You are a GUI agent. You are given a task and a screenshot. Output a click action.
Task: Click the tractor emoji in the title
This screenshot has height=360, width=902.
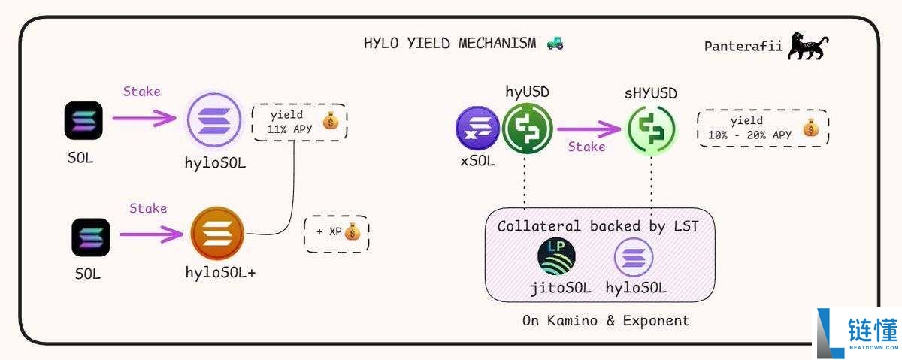(x=555, y=43)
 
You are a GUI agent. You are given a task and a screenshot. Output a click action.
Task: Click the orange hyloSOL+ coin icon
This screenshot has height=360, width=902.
(x=217, y=234)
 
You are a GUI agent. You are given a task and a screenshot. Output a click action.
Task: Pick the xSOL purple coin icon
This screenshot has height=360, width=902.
(x=477, y=127)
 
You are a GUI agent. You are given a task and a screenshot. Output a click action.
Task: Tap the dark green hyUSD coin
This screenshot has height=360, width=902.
(x=527, y=127)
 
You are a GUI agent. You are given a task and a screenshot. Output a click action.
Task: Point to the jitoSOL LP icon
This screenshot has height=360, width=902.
(x=557, y=257)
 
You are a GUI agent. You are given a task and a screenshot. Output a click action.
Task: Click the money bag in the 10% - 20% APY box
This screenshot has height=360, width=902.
(x=810, y=128)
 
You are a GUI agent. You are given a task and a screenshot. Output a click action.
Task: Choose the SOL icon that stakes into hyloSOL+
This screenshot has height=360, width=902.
(x=91, y=237)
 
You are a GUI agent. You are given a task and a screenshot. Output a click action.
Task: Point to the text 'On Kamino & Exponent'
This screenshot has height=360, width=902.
(x=606, y=321)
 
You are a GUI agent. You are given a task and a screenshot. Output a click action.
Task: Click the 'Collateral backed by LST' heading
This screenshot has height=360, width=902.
(x=599, y=226)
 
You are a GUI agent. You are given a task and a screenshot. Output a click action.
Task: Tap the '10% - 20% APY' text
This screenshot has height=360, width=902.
(x=749, y=135)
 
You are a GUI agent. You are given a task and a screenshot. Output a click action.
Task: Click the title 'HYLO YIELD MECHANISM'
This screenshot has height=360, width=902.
(x=449, y=43)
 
